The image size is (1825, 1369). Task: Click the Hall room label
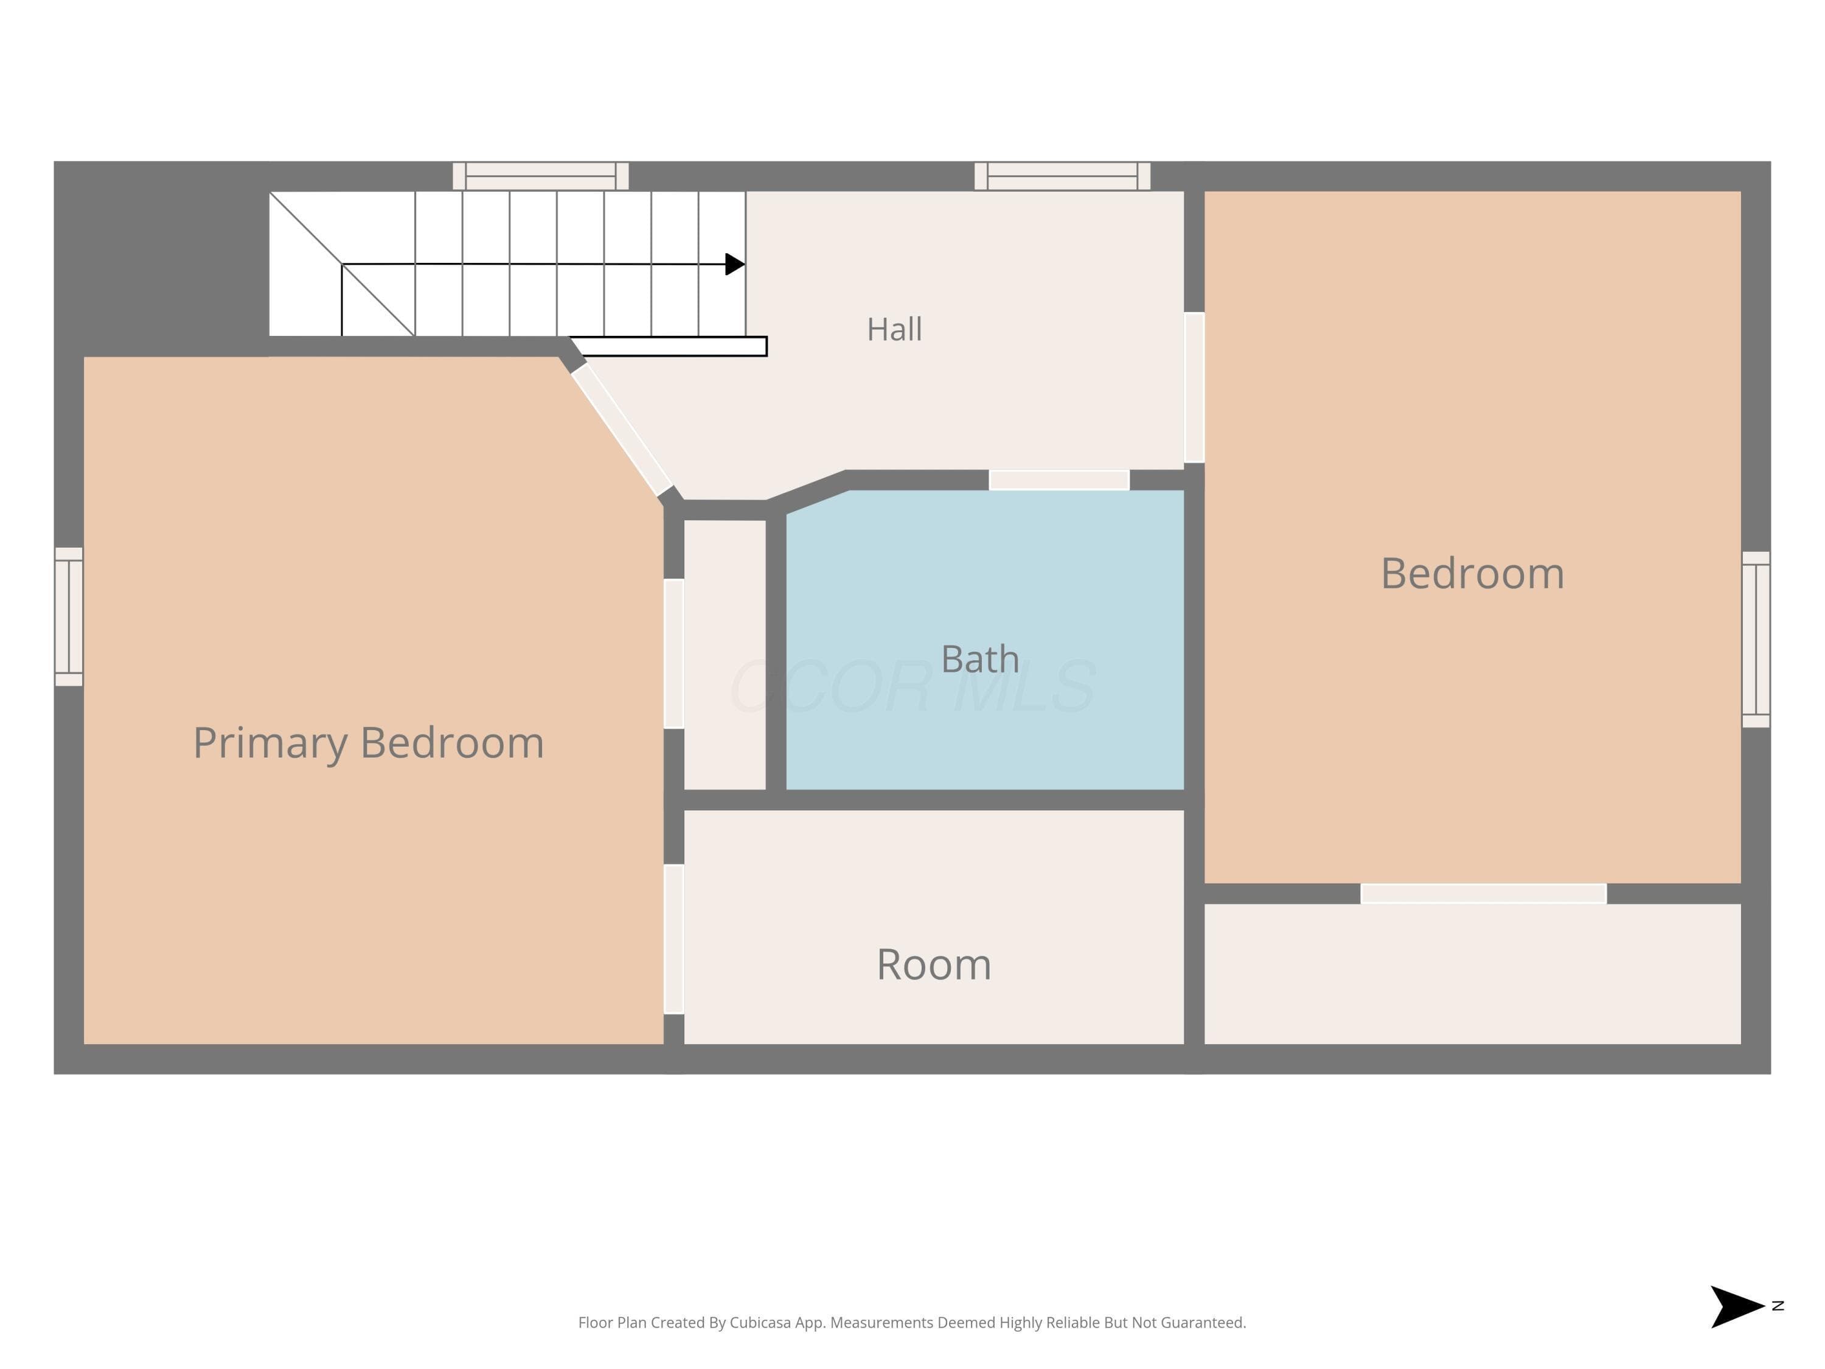894,329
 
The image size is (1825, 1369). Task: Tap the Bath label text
980,660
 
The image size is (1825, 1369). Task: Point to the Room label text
934,964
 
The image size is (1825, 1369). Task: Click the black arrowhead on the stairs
735,264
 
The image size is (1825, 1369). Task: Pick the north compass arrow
1737,1306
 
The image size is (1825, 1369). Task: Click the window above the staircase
540,176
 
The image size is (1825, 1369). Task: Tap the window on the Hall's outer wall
1063,176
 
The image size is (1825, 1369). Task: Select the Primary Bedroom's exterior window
69,616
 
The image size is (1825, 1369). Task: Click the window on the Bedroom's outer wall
1756,639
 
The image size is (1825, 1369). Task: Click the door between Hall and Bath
1059,480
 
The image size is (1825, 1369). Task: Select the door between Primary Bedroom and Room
674,939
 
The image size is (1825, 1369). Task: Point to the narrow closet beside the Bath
725,654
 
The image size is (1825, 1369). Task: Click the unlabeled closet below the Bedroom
1473,974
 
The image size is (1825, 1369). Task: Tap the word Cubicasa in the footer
760,1323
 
